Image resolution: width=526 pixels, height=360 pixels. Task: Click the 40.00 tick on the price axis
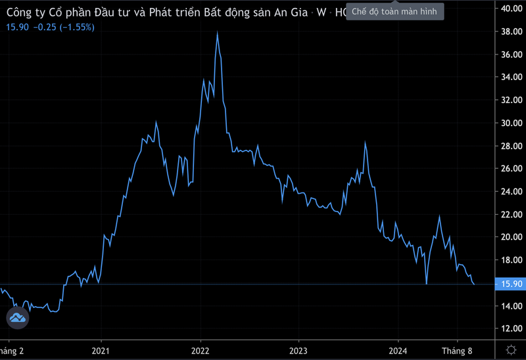(511, 9)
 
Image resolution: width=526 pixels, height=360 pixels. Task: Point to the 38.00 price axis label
(511, 32)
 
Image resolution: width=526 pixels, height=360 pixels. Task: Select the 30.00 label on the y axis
(511, 123)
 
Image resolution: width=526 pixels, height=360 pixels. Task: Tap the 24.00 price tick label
(511, 192)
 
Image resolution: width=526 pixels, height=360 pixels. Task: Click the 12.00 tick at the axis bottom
(511, 328)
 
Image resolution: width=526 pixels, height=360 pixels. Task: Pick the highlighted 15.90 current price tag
(511, 284)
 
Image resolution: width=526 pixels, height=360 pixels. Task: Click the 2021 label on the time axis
(101, 351)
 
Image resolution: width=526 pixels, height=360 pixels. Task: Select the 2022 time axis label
(200, 351)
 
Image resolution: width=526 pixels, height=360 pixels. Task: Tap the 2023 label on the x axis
(299, 351)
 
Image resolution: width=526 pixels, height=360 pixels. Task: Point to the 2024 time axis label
(398, 351)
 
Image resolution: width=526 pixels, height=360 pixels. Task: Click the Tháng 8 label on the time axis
(457, 351)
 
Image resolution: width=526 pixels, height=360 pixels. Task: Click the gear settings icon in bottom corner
(511, 349)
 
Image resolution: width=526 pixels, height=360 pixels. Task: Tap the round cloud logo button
(18, 318)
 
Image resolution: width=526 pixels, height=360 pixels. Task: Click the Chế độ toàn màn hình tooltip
(395, 12)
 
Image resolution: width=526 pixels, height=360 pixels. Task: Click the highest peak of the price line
(217, 32)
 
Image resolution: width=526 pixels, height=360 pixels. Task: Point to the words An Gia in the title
(289, 12)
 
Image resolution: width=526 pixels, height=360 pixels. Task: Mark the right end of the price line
(475, 284)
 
